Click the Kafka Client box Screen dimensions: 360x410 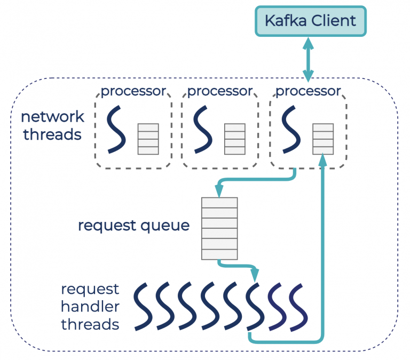310,21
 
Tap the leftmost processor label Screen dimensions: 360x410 133,91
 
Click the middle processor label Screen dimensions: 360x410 219,91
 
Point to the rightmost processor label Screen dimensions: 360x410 307,91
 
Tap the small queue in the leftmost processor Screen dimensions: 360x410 148,139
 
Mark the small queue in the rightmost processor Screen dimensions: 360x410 323,139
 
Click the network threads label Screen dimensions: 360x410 52,125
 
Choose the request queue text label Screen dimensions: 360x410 133,225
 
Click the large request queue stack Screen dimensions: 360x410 219,228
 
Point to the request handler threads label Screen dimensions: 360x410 90,307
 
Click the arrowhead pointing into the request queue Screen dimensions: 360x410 219,189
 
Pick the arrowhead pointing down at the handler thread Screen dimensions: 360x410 255,275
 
